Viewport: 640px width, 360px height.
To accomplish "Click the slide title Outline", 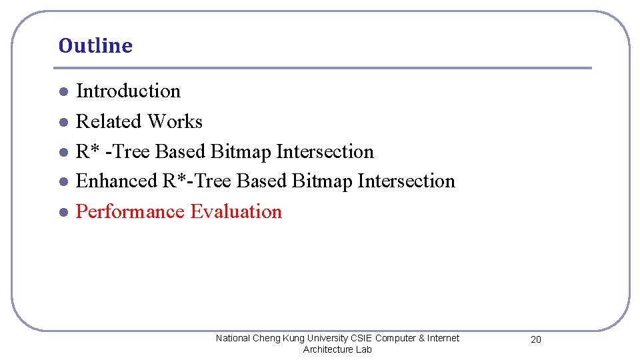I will (x=95, y=46).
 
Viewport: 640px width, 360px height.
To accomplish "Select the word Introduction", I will (x=128, y=91).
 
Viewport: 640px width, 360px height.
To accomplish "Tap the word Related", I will (x=109, y=121).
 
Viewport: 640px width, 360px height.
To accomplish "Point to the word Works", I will (x=175, y=121).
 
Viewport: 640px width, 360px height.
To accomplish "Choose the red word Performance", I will (x=130, y=212).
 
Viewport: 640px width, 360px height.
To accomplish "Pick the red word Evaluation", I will (x=236, y=212).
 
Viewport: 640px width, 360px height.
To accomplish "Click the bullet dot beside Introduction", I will (x=62, y=92).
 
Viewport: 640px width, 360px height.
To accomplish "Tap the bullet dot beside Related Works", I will (x=62, y=122).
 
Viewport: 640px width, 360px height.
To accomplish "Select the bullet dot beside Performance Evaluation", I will (x=62, y=213).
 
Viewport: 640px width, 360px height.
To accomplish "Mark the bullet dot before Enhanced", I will (x=62, y=182).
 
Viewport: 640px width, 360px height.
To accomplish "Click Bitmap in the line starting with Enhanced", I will (x=322, y=181).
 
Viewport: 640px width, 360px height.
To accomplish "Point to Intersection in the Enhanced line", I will (x=406, y=181).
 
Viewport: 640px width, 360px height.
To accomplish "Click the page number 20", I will (x=536, y=340).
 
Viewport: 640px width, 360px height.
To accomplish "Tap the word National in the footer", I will (x=233, y=339).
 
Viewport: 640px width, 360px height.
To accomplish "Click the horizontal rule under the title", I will (x=322, y=68).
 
